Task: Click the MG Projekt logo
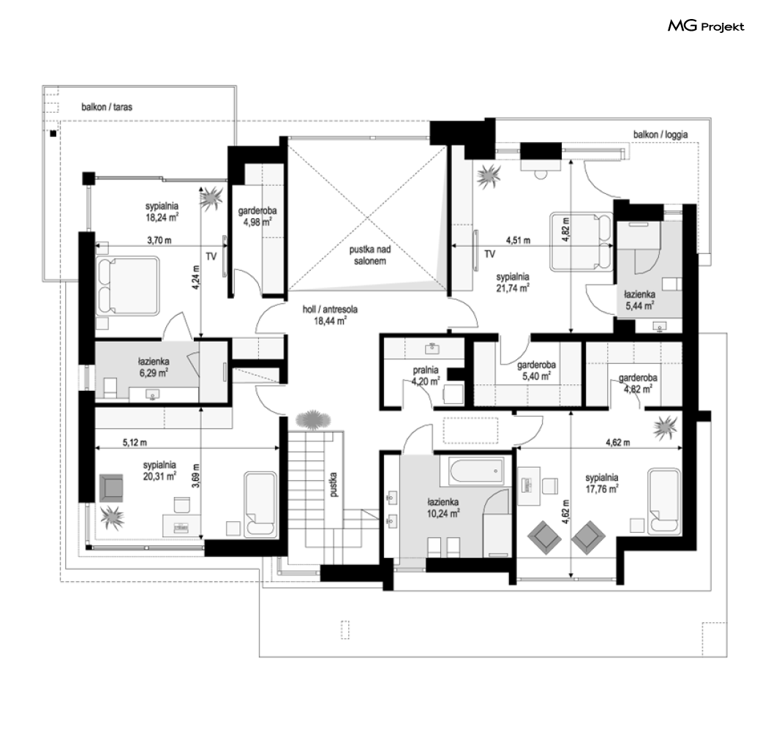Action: pos(706,26)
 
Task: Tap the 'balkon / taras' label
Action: pos(107,107)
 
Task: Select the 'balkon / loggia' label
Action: pos(660,135)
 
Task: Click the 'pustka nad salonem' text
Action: pos(370,255)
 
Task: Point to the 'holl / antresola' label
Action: pos(330,315)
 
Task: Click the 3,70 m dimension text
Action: pos(159,241)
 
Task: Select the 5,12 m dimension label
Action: pos(135,443)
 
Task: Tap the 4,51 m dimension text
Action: pos(518,241)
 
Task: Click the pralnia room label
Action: pos(425,375)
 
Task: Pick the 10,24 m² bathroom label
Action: pos(443,508)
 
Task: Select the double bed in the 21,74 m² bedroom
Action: pos(581,241)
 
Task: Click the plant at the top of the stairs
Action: pos(313,421)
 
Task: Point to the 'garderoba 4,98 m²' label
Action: pos(257,216)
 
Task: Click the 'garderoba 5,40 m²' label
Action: pos(536,370)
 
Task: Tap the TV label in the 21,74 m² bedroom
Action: pos(490,254)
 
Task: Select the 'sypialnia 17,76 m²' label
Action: pos(602,483)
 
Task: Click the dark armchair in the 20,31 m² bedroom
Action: pos(110,487)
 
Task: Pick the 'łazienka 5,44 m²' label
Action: pos(640,300)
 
